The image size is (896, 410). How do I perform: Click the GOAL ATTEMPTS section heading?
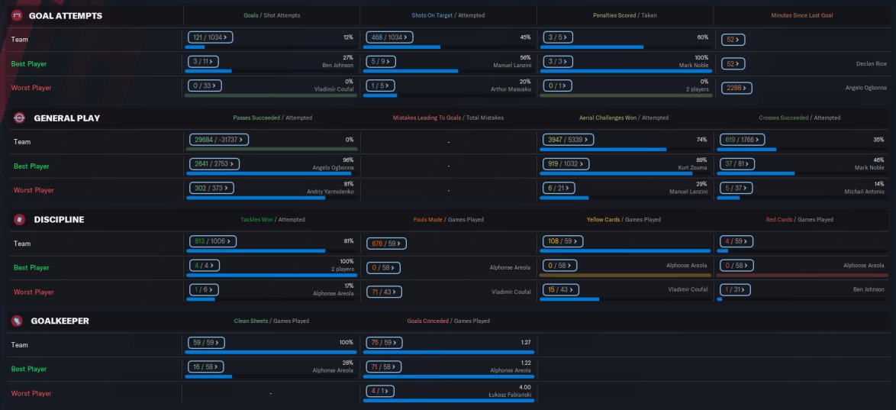click(x=65, y=15)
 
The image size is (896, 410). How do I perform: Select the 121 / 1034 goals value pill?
click(x=210, y=37)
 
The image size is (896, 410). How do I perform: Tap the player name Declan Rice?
click(x=871, y=64)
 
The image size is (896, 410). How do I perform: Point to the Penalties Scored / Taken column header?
click(x=625, y=15)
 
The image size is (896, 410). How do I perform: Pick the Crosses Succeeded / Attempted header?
click(x=799, y=118)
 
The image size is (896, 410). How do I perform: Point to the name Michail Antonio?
click(x=866, y=191)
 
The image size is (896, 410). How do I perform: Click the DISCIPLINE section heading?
click(x=59, y=219)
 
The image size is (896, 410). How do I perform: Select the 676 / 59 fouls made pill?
click(x=387, y=242)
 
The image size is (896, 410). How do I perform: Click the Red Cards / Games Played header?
click(x=799, y=219)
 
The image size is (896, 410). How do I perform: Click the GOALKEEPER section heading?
click(x=60, y=321)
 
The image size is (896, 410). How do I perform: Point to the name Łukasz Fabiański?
click(x=510, y=394)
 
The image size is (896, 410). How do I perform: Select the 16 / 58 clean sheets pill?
click(x=208, y=366)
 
